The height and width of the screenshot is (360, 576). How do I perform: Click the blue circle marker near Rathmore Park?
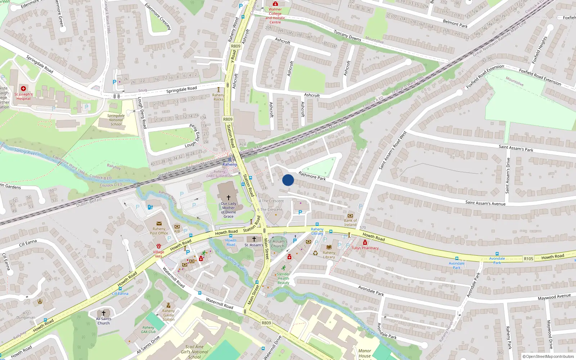[x=288, y=180]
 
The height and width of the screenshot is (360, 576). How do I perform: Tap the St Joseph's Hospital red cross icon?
[x=23, y=89]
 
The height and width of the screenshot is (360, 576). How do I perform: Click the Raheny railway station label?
[x=229, y=165]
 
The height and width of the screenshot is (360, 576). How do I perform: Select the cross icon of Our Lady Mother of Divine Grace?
[x=228, y=198]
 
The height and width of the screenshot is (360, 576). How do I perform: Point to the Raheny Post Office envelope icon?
[x=159, y=224]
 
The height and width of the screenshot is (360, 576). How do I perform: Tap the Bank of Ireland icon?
[x=350, y=216]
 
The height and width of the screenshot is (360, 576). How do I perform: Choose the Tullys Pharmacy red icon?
[x=365, y=243]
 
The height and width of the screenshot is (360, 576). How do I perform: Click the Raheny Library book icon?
[x=329, y=247]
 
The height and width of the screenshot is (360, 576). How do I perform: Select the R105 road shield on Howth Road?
[x=528, y=259]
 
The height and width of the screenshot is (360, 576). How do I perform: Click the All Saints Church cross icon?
[x=104, y=313]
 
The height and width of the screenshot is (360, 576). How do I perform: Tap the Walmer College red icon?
[x=275, y=4]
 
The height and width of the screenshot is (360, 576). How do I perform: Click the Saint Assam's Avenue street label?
[x=485, y=203]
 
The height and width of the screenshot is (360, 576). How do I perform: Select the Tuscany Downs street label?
[x=347, y=35]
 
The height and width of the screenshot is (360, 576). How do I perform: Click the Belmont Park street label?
[x=455, y=24]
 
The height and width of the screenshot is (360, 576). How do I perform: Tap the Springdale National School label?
[x=116, y=120]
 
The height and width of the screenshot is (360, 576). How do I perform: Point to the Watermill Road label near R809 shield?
[x=219, y=303]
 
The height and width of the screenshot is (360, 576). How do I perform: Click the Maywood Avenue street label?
[x=554, y=297]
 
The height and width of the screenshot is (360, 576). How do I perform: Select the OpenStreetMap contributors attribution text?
[x=548, y=357]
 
